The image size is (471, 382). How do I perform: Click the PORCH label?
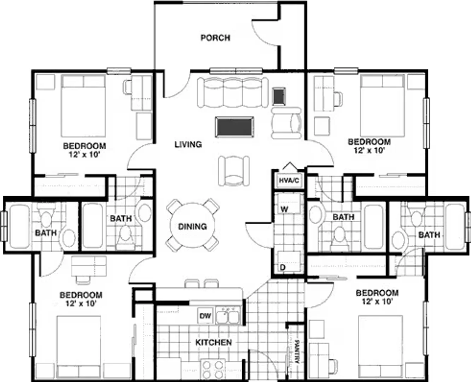pyautogui.click(x=215, y=38)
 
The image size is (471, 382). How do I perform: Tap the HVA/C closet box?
pyautogui.click(x=289, y=180)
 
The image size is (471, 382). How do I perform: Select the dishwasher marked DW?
pyautogui.click(x=205, y=316)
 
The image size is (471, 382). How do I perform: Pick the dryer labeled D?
pyautogui.click(x=289, y=261)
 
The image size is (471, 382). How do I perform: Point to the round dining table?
pyautogui.click(x=192, y=225)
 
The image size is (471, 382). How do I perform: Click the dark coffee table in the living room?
pyautogui.click(x=234, y=127)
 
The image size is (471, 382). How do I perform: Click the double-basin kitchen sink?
pyautogui.click(x=228, y=315)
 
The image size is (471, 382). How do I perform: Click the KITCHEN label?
pyautogui.click(x=213, y=342)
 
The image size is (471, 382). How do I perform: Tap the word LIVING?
pyautogui.click(x=188, y=144)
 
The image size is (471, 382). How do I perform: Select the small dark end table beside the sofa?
pyautogui.click(x=279, y=96)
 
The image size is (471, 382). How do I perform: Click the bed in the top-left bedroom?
pyautogui.click(x=83, y=106)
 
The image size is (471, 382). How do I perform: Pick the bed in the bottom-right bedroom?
pyautogui.click(x=380, y=347)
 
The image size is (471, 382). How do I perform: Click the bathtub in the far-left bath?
pyautogui.click(x=20, y=227)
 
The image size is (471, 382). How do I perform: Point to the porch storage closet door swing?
pyautogui.click(x=265, y=34)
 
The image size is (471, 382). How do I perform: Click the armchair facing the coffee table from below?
pyautogui.click(x=234, y=171)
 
